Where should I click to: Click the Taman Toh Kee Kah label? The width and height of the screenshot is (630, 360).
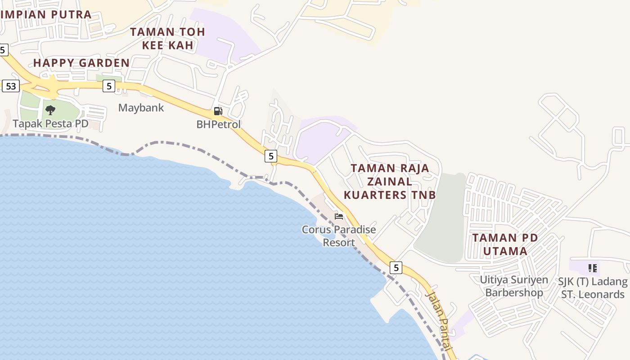pos(167,38)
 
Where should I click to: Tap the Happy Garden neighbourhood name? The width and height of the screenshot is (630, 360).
pos(81,63)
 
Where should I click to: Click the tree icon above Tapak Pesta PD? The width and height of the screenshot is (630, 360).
pos(50,110)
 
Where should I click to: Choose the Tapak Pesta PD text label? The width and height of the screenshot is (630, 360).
pos(50,123)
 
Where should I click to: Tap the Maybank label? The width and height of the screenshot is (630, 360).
pos(141,108)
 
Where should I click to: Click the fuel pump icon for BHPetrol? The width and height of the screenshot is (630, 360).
pos(218,111)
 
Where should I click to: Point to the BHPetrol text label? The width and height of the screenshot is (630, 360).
pos(219,124)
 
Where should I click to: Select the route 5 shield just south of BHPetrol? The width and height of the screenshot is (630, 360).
pos(270,156)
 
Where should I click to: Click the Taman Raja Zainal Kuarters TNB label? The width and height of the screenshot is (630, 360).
pos(390,181)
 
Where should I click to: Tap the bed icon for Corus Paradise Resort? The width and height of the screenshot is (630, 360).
pos(339,216)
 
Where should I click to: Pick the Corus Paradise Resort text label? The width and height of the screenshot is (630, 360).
pos(339,236)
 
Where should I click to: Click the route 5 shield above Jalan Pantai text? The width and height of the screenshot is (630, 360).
pos(396,268)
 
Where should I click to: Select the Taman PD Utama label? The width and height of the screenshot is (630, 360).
pos(505,244)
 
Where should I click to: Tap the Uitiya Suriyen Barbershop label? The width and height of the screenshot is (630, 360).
pos(514,286)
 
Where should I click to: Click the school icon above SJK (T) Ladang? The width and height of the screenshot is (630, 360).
pos(593,269)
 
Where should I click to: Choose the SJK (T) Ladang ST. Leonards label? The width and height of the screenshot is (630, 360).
pos(593,288)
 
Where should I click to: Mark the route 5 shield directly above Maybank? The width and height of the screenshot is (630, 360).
pos(108,85)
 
